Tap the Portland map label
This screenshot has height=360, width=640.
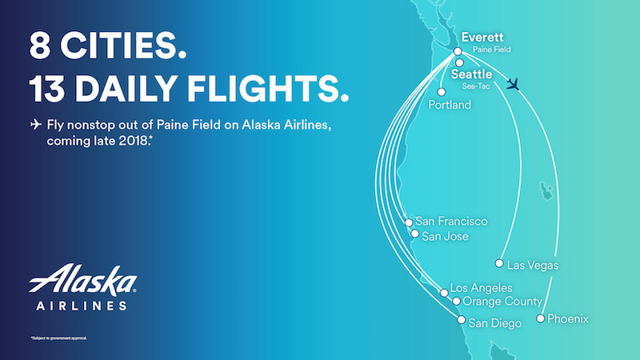pyautogui.click(x=450, y=105)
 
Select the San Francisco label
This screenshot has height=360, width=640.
pyautogui.click(x=451, y=222)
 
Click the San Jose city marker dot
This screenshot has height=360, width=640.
pyautogui.click(x=414, y=235)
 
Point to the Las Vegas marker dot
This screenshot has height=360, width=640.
pyautogui.click(x=499, y=264)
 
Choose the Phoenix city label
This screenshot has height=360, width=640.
pyautogui.click(x=567, y=319)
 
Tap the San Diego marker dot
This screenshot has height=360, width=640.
pyautogui.click(x=461, y=322)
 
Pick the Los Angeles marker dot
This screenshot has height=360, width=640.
pyautogui.click(x=445, y=292)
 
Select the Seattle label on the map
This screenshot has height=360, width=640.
pyautogui.click(x=472, y=74)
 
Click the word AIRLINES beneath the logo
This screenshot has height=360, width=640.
pyautogui.click(x=82, y=305)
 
